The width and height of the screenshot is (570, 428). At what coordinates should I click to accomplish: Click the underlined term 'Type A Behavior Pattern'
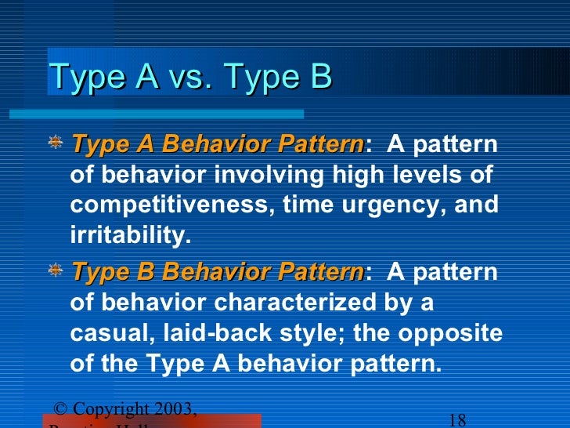coord(217,145)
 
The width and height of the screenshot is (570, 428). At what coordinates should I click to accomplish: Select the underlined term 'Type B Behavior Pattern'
coord(217,272)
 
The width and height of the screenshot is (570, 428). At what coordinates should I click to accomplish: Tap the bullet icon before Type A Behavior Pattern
coord(56,144)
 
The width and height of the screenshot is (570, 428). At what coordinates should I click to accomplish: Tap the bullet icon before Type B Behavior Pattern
coord(56,271)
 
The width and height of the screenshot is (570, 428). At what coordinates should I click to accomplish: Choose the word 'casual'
coord(110,333)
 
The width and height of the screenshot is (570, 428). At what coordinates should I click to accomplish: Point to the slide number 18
coord(459,419)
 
